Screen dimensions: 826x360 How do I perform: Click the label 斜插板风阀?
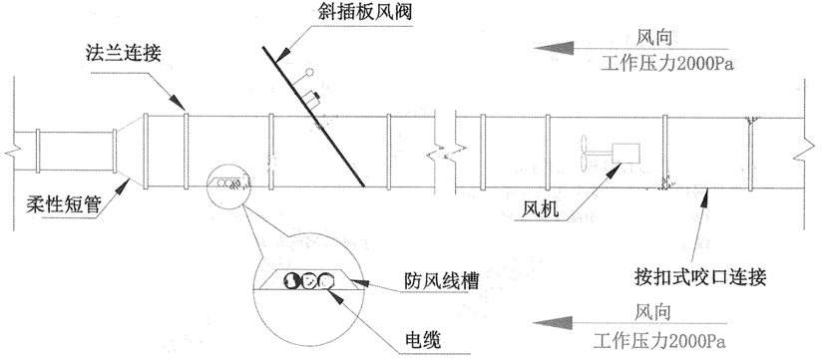pos(364,12)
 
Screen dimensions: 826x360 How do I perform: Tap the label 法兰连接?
pos(123,54)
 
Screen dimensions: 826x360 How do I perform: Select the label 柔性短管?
pos(63,203)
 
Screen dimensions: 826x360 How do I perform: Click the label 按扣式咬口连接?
pos(700,277)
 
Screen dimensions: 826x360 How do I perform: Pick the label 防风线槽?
pos(442,281)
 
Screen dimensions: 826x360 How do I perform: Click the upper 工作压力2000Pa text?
pos(667,64)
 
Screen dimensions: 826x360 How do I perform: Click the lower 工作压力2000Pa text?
pos(659,342)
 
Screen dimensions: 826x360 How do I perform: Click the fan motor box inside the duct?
pos(625,153)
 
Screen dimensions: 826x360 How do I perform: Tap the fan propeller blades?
pos(584,154)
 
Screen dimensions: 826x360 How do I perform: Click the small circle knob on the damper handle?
pos(309,73)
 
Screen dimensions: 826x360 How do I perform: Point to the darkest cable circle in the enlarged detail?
pos(291,280)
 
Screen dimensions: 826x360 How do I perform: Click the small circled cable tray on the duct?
pos(227,183)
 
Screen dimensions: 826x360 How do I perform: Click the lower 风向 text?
pos(652,312)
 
